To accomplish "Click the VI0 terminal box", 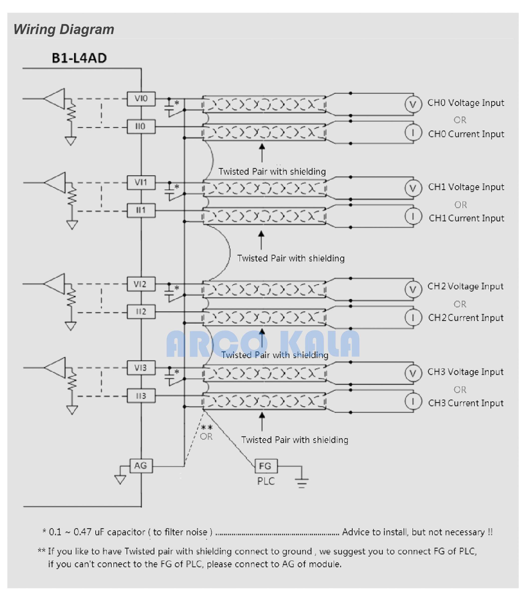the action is pyautogui.click(x=141, y=99).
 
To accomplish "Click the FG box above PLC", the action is pyautogui.click(x=266, y=466).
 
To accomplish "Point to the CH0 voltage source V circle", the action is pyautogui.click(x=413, y=104).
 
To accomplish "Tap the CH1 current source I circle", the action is pyautogui.click(x=413, y=216).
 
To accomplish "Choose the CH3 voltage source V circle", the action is pyautogui.click(x=413, y=373).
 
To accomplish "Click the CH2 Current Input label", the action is pyautogui.click(x=466, y=318).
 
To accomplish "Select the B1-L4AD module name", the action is pyautogui.click(x=79, y=58).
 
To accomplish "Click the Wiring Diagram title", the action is pyautogui.click(x=64, y=29).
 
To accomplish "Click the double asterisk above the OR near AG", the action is pyautogui.click(x=207, y=427).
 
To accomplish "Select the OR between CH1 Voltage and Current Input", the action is pyautogui.click(x=461, y=205).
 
